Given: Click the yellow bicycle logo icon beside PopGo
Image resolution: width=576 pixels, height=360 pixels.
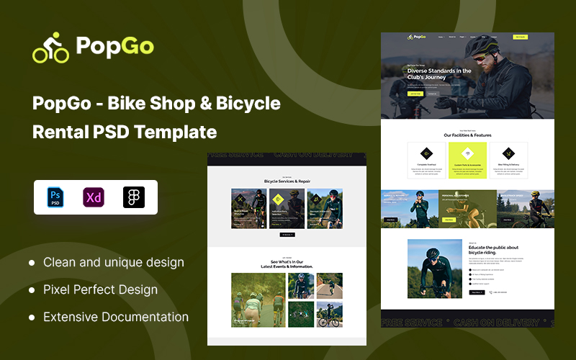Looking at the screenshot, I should (50, 48).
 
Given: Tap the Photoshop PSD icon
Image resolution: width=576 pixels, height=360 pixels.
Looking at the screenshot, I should (55, 197).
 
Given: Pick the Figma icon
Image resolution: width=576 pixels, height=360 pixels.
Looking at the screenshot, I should (134, 197).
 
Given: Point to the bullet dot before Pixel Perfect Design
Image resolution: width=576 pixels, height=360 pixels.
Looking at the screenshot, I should (32, 290).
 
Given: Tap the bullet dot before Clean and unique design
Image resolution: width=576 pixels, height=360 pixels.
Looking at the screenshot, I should (32, 263).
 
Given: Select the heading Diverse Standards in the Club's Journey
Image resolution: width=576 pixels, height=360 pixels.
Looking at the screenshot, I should (439, 74).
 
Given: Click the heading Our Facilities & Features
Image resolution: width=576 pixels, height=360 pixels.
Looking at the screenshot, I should (467, 135).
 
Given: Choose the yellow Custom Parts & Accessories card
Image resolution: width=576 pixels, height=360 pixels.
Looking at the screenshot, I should (467, 160).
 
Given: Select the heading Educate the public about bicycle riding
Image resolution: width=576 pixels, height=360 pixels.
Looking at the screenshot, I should (493, 251).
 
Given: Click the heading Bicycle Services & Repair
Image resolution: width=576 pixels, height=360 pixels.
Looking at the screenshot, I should (287, 181).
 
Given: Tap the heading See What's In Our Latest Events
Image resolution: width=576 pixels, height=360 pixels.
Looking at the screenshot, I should (287, 264).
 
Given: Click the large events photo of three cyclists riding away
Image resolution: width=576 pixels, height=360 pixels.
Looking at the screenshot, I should (258, 300).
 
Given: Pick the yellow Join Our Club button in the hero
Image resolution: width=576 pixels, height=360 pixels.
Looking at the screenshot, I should (415, 93).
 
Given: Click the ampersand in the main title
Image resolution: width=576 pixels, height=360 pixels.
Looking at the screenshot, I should (204, 104).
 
